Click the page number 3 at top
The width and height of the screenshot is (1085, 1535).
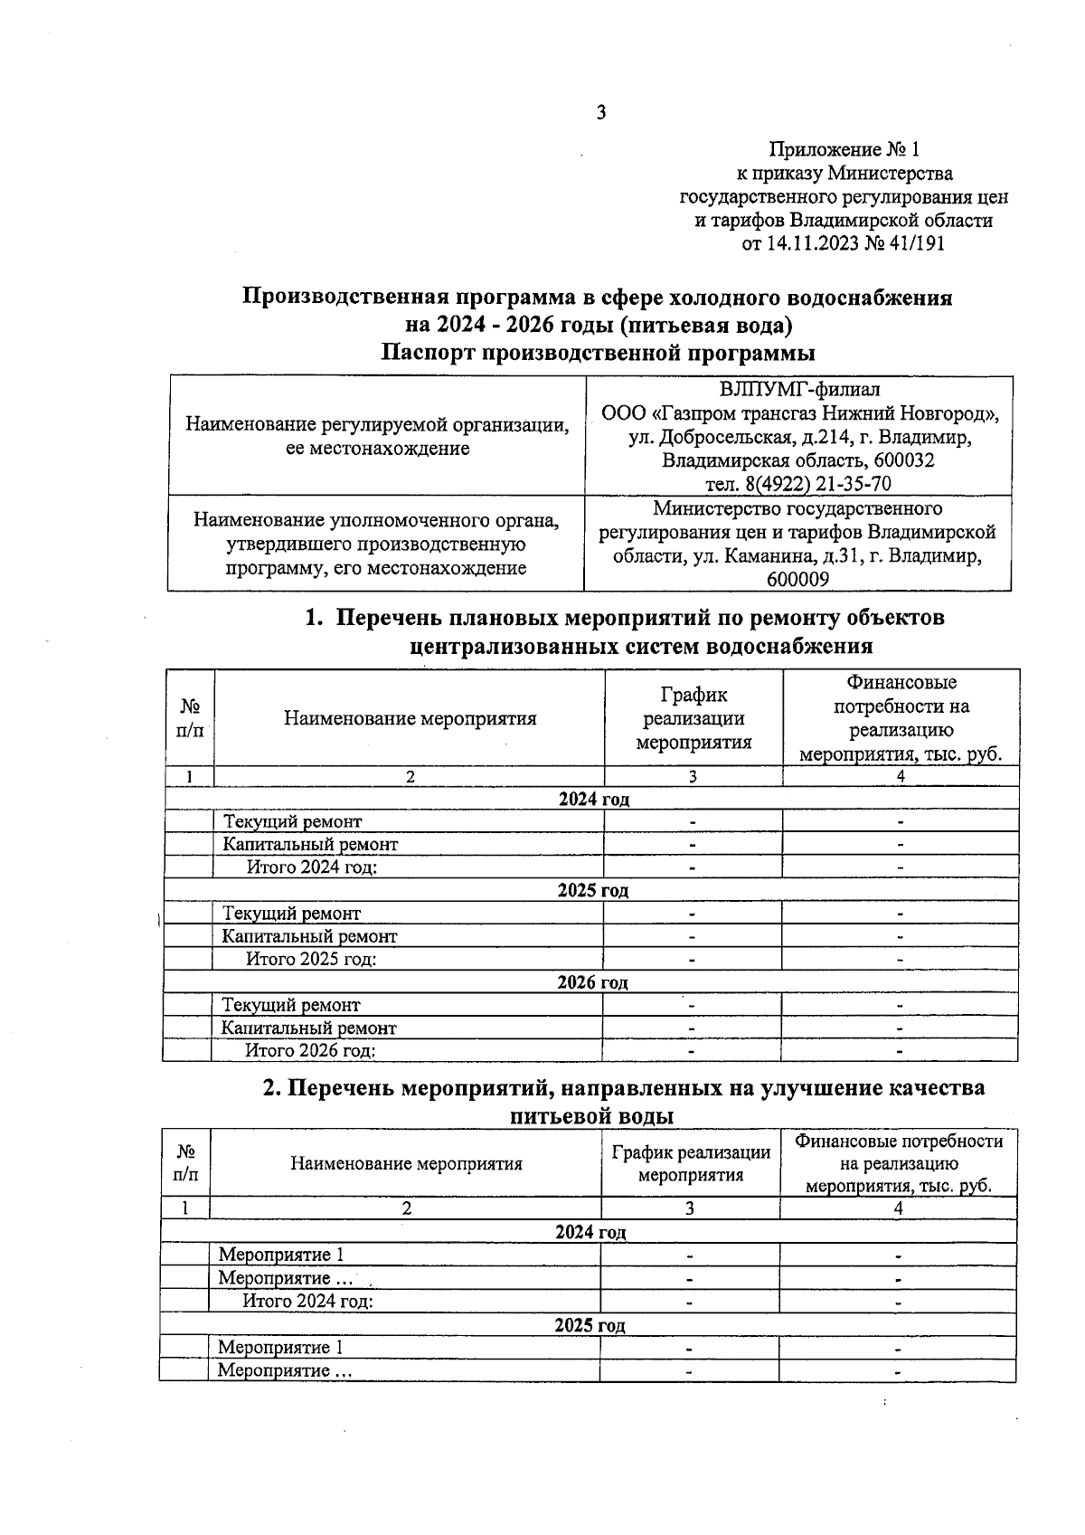[x=600, y=112]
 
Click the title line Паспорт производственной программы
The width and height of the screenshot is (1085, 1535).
[x=597, y=353]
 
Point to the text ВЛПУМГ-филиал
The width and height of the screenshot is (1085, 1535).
[x=799, y=390]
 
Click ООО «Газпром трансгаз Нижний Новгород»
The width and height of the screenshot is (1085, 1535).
[x=799, y=413]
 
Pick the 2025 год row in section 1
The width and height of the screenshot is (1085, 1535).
[x=592, y=890]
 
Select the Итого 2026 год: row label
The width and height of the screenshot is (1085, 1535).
[x=311, y=1050]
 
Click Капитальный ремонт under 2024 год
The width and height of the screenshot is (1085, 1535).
[x=310, y=844]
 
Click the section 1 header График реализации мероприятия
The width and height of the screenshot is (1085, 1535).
[x=693, y=718]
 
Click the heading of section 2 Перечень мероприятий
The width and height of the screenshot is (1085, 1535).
[x=623, y=1088]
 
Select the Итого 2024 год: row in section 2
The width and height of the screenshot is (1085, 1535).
[x=307, y=1301]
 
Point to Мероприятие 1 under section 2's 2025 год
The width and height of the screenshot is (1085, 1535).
[x=280, y=1348]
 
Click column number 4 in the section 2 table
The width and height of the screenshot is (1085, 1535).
[x=898, y=1208]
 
